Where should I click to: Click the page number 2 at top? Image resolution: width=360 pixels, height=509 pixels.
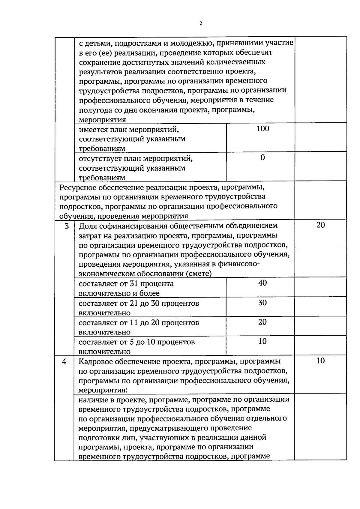coord(200,24)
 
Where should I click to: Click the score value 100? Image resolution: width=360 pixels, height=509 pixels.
coord(263,129)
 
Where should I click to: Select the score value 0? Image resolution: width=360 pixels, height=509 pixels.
coord(262,158)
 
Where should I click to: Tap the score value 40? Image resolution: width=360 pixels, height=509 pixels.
coord(262,283)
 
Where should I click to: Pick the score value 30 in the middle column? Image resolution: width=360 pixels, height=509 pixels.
coord(262,303)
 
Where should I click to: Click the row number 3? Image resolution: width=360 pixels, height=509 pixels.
coord(67,226)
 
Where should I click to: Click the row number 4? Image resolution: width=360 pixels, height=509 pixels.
coord(64,361)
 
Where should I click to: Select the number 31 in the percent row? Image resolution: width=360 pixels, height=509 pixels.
coord(133,284)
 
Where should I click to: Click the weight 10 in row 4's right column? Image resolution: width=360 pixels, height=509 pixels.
coord(320,361)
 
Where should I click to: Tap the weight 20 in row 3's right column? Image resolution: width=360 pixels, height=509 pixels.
coord(320,225)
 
